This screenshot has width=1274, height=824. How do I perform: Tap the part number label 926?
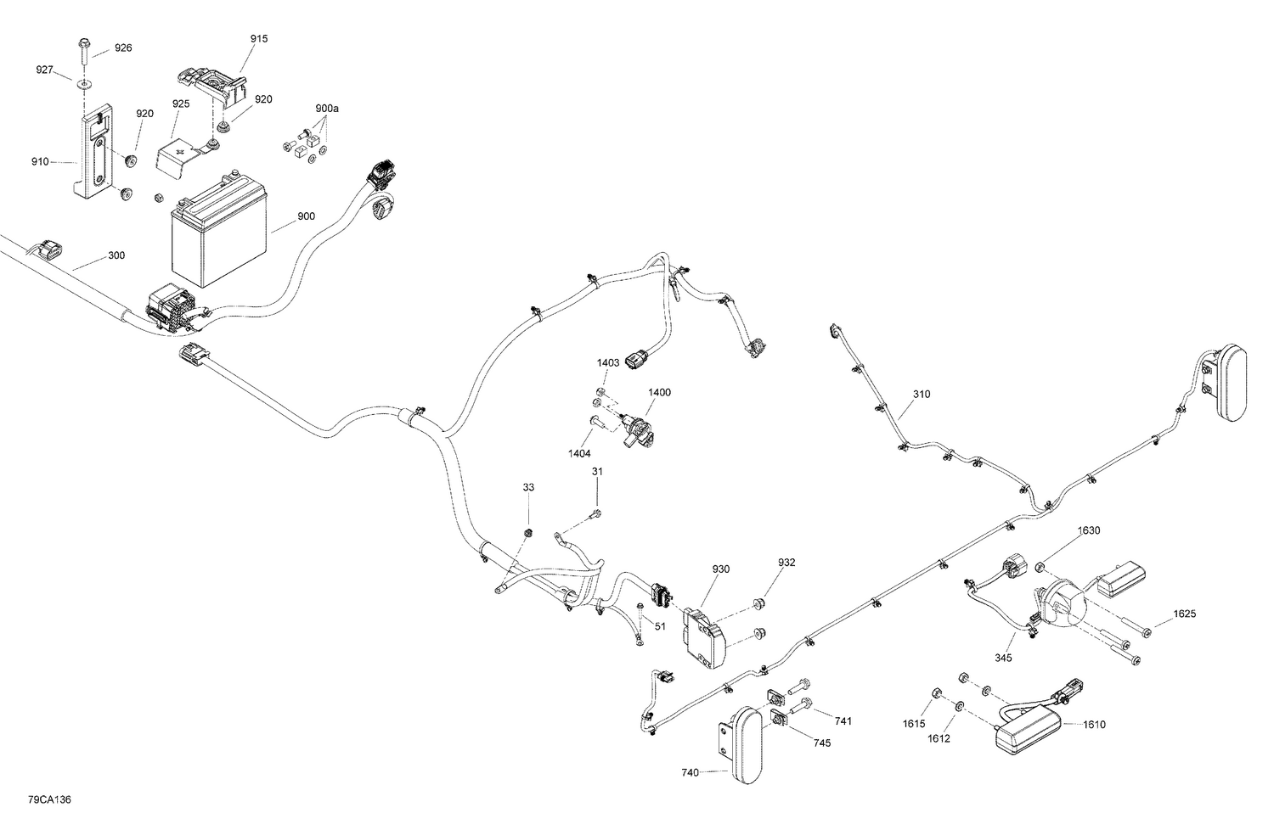pos(123,48)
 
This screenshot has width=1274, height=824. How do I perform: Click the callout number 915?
pos(259,39)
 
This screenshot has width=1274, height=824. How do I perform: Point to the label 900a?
pos(327,109)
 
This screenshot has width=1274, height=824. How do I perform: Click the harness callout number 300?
pos(116,255)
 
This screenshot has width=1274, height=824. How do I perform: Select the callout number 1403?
pos(608,362)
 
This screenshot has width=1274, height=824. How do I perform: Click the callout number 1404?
pos(580,454)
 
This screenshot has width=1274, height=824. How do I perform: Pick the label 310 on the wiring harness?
pos(922,394)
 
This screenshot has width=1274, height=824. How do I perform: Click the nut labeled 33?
pos(528,532)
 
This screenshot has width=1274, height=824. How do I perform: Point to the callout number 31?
pos(598,472)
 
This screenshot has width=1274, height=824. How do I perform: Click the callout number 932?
pos(786,563)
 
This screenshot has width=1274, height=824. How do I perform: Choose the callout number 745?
pos(822,743)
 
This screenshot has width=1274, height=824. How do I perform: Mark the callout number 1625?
pos(1185,614)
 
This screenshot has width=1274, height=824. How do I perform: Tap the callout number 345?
pos(1004,657)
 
